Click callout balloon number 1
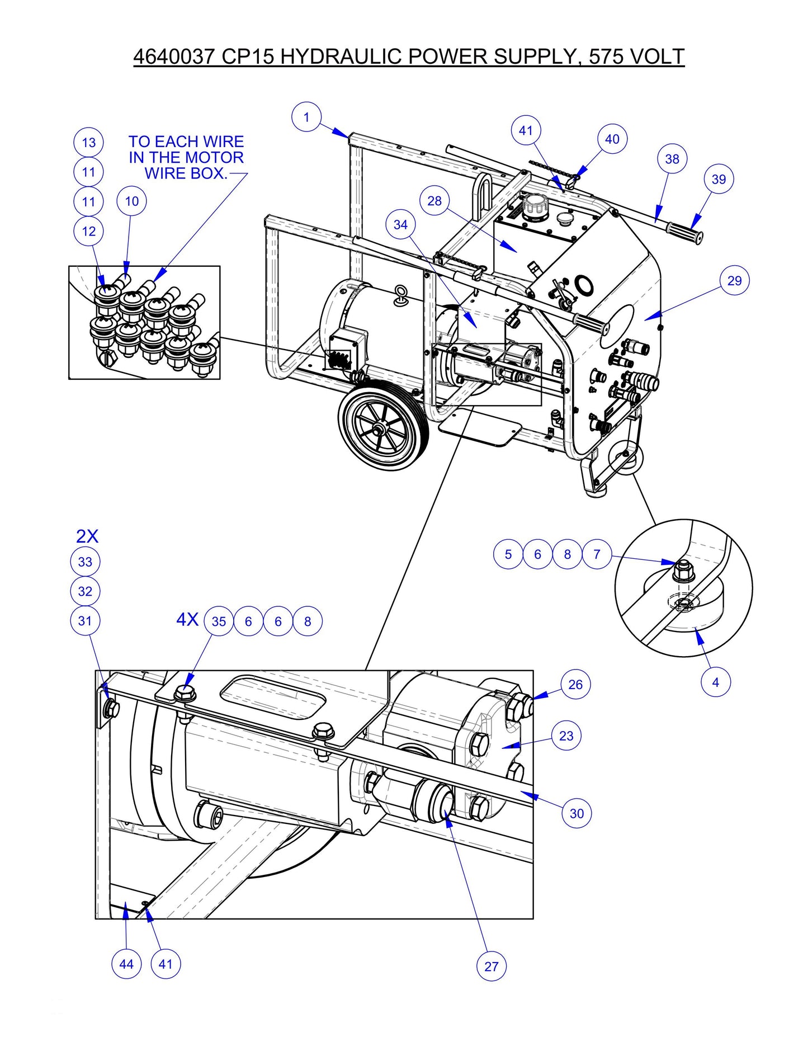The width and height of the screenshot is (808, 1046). (306, 117)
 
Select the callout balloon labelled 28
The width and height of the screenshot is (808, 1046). (434, 201)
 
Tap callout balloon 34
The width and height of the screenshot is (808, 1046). (400, 225)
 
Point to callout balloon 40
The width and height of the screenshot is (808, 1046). (612, 139)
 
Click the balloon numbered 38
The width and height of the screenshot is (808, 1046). (672, 159)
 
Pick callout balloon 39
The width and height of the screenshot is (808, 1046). (719, 180)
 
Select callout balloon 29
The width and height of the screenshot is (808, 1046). (734, 281)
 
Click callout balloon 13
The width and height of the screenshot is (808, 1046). (89, 143)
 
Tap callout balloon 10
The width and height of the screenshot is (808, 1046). (131, 201)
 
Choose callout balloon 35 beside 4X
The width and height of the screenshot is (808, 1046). (219, 621)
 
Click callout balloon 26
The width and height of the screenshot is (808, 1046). (575, 685)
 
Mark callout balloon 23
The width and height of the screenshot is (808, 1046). (566, 736)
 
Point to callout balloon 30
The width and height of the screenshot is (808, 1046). (577, 814)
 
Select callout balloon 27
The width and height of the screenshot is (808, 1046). (491, 966)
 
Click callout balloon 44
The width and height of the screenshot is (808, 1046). (126, 964)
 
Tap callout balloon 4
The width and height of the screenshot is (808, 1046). (715, 682)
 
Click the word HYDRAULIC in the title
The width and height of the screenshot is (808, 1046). (341, 56)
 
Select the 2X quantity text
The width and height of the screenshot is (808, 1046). (87, 536)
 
